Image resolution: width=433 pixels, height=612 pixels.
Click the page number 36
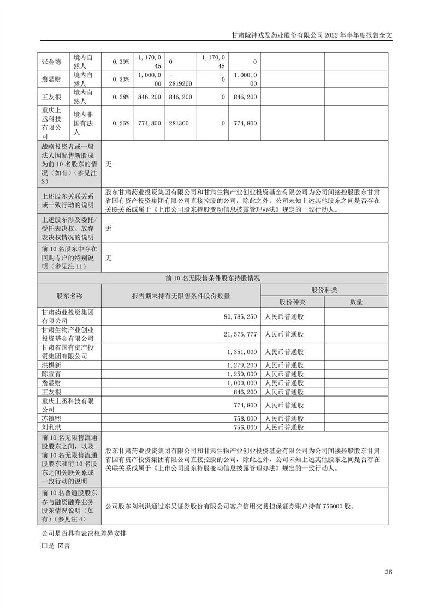pos(388,572)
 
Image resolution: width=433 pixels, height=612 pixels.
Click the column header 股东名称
pos(69,296)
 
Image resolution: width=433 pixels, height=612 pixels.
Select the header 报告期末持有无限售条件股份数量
pos(180,296)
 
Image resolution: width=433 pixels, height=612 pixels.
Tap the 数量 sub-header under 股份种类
pos(356,302)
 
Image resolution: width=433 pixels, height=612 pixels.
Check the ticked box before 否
pos(61,545)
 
